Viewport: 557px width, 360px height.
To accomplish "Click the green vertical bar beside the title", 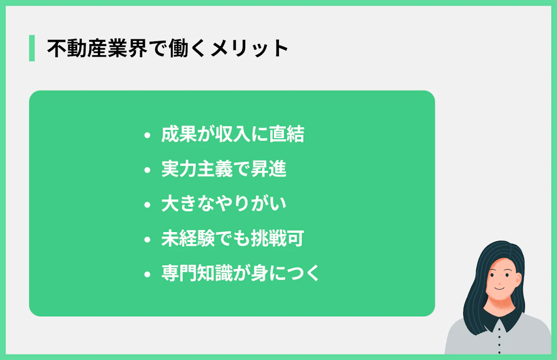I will point(32,48).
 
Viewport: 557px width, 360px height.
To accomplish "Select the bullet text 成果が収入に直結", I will point(233,135).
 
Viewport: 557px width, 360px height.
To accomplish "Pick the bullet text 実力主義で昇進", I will point(224,169).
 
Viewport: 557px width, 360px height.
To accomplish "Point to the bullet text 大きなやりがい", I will point(224,204).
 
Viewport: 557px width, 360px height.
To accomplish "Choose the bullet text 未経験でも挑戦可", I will point(233,239).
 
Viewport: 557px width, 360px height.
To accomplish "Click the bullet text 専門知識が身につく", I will point(240,273).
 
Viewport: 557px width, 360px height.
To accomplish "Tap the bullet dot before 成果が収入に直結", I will point(148,136).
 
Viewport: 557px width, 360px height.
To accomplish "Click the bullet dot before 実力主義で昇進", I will point(148,170).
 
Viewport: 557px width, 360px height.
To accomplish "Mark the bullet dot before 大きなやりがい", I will point(148,205).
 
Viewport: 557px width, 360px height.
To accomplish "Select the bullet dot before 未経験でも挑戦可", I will point(148,240).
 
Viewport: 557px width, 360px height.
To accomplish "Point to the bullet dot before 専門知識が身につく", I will point(148,274).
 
